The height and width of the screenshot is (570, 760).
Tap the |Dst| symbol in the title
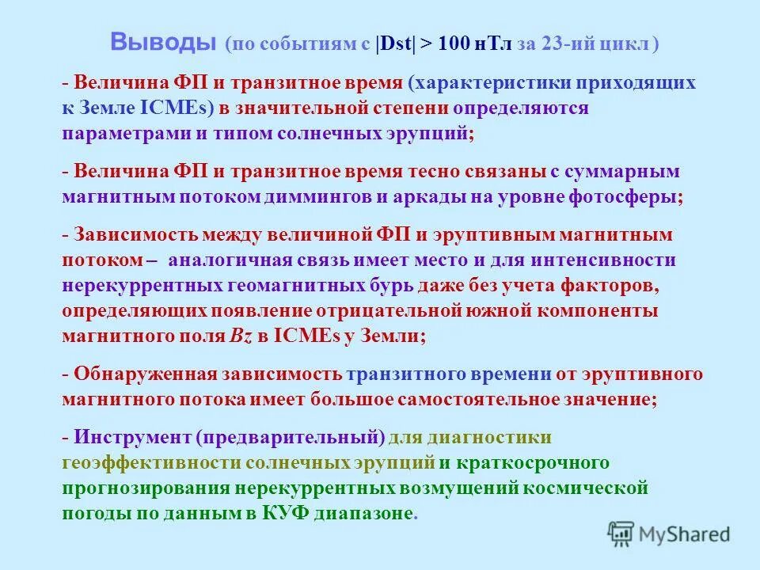[398, 44]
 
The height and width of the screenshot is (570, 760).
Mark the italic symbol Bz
[241, 335]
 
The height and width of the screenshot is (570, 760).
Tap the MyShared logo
[669, 534]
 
